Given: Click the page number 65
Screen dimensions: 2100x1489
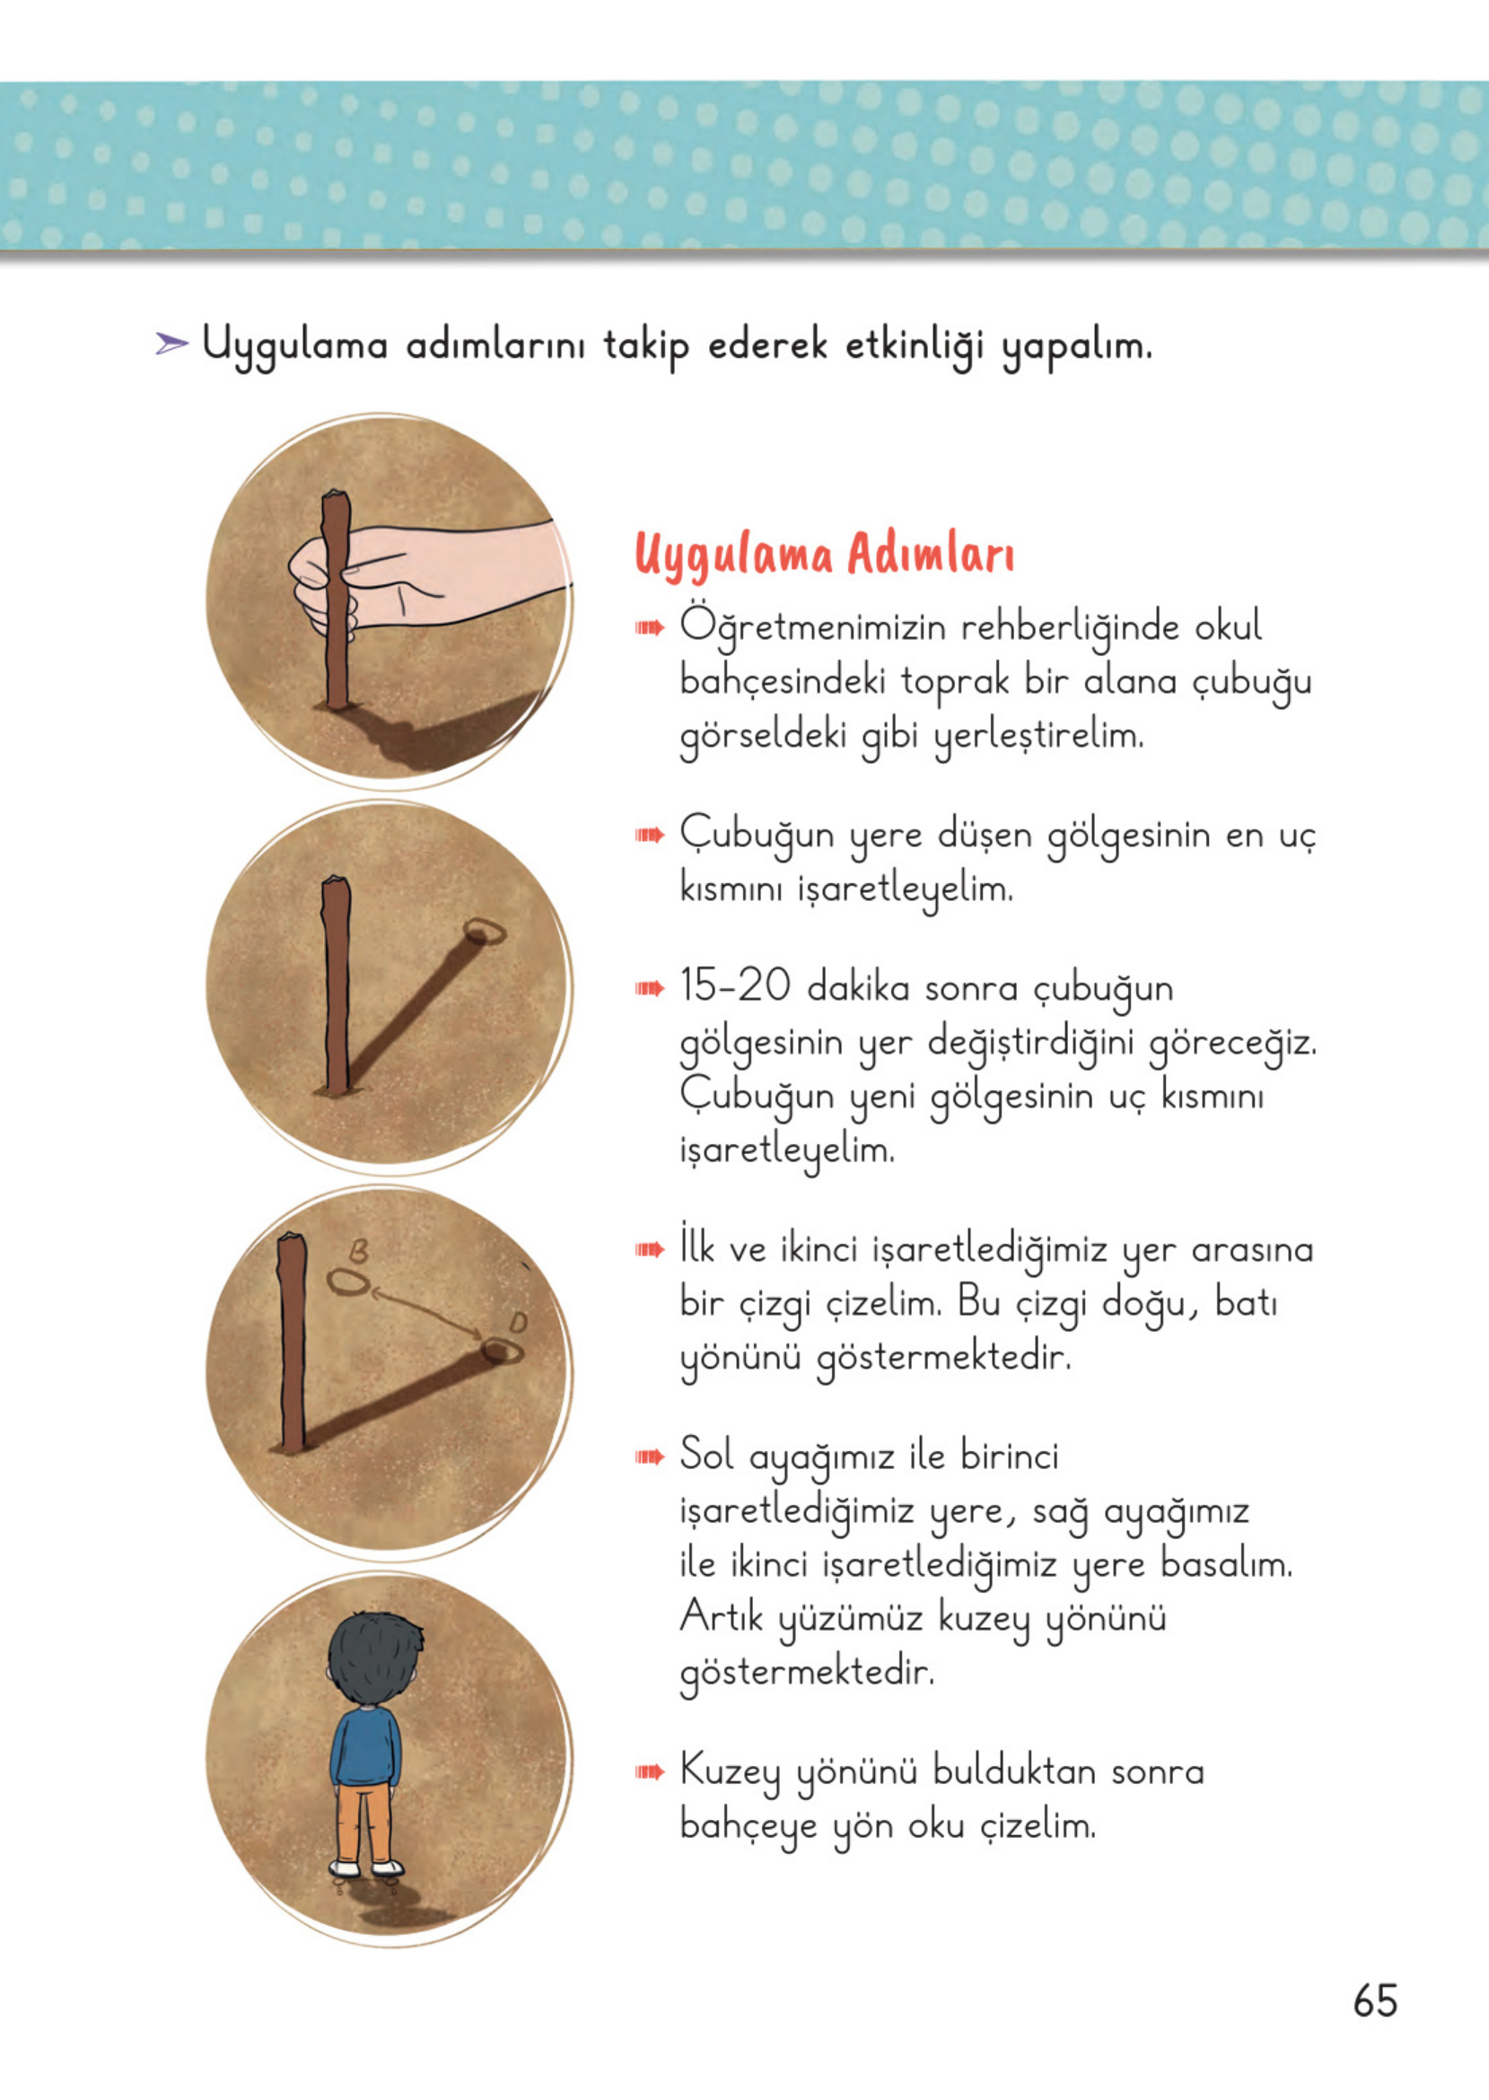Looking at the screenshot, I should click(1374, 2000).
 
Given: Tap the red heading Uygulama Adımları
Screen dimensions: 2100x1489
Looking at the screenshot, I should click(824, 556).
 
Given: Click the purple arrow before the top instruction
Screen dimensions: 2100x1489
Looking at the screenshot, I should click(171, 345).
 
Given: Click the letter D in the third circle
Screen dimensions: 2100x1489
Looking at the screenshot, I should click(518, 1322).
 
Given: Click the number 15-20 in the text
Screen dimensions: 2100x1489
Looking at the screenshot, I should click(735, 986).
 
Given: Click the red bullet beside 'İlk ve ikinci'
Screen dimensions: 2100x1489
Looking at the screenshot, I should click(649, 1249).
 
